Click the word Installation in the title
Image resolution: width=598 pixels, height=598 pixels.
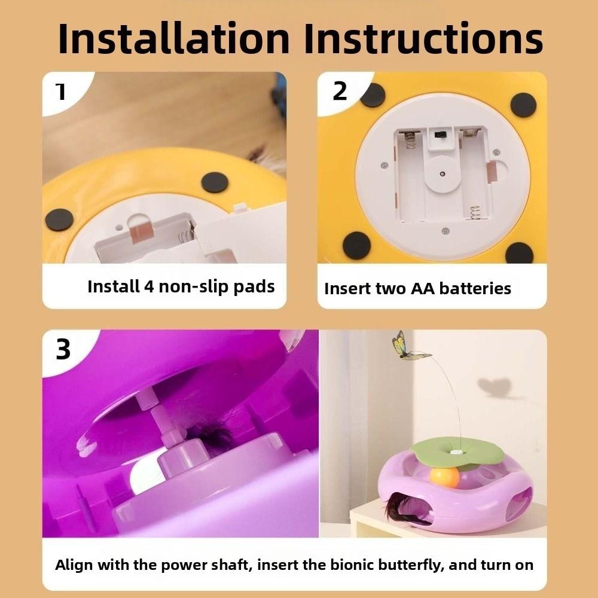pyautogui.click(x=174, y=38)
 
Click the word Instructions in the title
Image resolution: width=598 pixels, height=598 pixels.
pyautogui.click(x=423, y=38)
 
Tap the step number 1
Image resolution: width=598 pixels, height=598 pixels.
pyautogui.click(x=60, y=91)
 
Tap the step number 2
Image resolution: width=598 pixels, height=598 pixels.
pyautogui.click(x=340, y=91)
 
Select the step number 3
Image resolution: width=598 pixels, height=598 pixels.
pyautogui.click(x=63, y=350)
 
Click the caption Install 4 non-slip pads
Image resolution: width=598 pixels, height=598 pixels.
pyautogui.click(x=181, y=286)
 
